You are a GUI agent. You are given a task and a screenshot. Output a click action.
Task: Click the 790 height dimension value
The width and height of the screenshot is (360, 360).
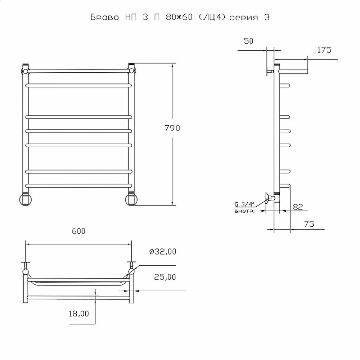tap(172, 129)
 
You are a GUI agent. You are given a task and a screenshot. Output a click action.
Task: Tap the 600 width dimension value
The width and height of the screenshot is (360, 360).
tap(78, 231)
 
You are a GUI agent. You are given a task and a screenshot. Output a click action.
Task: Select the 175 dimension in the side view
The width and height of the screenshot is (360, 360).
tap(324, 50)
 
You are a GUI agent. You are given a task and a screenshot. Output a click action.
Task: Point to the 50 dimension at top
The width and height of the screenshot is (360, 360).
tap(248, 41)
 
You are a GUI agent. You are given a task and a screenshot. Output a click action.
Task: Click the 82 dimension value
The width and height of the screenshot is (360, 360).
tap(297, 207)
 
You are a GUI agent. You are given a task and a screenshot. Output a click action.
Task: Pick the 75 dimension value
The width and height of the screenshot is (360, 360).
tap(308, 224)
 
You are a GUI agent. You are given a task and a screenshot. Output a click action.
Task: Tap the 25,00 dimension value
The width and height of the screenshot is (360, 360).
tap(165, 277)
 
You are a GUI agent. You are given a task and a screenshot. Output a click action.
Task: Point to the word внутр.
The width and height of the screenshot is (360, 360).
tap(244, 212)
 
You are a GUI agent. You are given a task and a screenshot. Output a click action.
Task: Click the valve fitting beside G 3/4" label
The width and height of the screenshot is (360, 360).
tap(269, 198)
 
